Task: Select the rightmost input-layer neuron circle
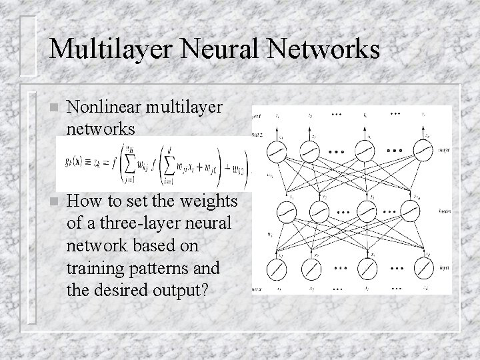point(423,269)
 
